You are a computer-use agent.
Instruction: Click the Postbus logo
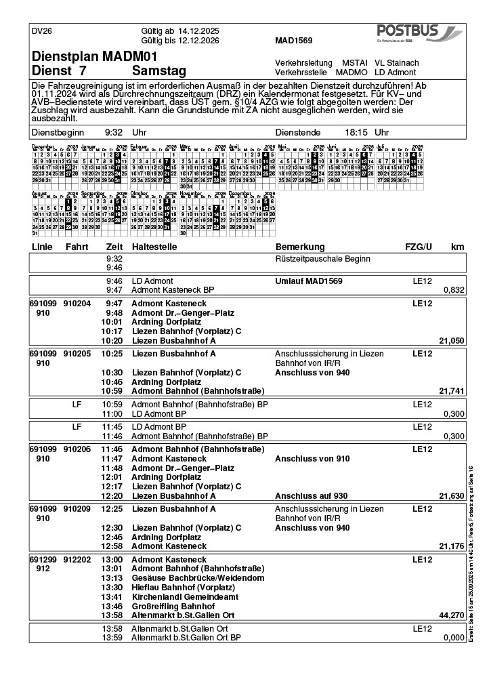419,33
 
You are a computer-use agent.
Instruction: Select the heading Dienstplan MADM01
94,56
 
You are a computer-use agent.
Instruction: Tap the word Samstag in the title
159,70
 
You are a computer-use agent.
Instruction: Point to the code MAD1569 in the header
293,41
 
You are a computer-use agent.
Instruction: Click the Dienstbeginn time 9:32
114,133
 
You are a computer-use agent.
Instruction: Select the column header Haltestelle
154,247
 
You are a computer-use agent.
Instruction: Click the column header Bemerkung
300,247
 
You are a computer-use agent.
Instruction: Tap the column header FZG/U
418,247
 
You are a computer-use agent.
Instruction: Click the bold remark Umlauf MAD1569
308,281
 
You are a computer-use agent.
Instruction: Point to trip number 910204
77,304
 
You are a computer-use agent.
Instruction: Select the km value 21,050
451,341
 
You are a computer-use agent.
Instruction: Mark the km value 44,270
451,615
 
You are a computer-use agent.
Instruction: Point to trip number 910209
77,508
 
